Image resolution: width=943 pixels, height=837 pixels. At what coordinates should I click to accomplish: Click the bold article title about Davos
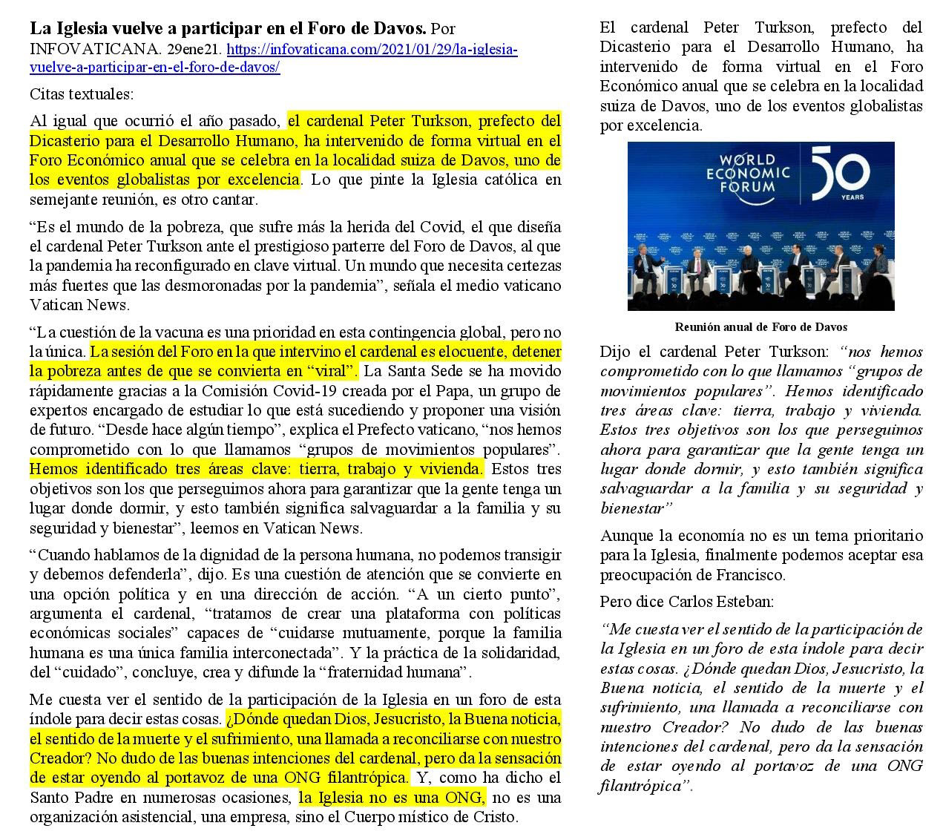point(228,29)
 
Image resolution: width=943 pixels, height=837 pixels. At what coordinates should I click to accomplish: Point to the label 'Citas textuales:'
point(82,94)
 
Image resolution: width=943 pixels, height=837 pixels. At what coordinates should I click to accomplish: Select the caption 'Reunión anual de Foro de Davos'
point(760,326)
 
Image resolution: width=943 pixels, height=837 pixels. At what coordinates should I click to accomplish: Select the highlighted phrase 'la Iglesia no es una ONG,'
point(392,798)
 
